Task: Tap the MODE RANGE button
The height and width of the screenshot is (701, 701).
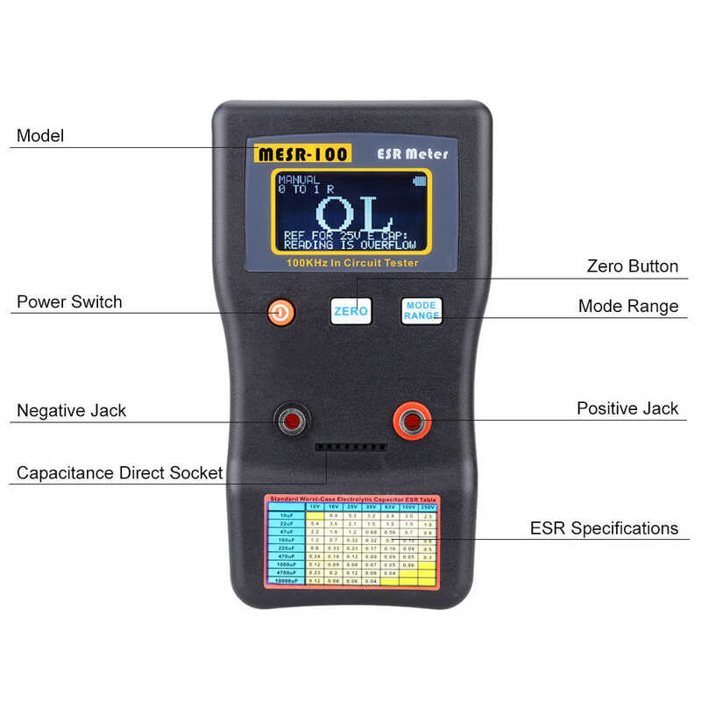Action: pyautogui.click(x=421, y=310)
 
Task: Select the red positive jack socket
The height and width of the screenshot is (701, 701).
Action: pyautogui.click(x=411, y=422)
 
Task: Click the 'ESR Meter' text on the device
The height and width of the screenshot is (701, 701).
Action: pyautogui.click(x=412, y=154)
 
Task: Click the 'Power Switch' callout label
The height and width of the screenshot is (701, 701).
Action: pyautogui.click(x=69, y=302)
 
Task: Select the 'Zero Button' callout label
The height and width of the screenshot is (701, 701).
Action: pyautogui.click(x=632, y=266)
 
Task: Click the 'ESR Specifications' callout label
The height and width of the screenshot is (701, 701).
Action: pyautogui.click(x=604, y=528)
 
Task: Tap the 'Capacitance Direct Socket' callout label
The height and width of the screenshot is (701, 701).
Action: pyautogui.click(x=120, y=473)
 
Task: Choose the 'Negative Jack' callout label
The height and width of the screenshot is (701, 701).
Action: pyautogui.click(x=72, y=410)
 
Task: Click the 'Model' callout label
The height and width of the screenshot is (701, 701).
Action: pyautogui.click(x=40, y=137)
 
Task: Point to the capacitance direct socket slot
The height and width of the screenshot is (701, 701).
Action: pyautogui.click(x=350, y=447)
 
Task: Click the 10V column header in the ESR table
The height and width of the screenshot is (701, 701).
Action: pyautogui.click(x=314, y=506)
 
